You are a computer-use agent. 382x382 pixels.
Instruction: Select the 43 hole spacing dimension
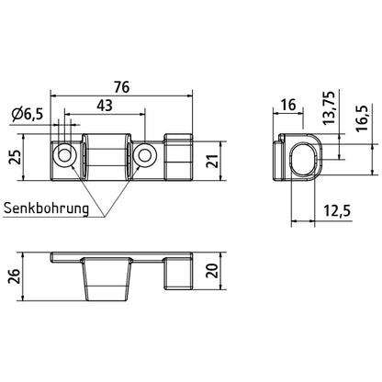coord(107,107)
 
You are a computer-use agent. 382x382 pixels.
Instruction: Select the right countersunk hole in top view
coord(144,158)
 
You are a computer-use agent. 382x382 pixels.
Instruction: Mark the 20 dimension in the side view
coord(213,272)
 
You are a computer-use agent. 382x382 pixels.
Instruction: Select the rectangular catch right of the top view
coord(179,158)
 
